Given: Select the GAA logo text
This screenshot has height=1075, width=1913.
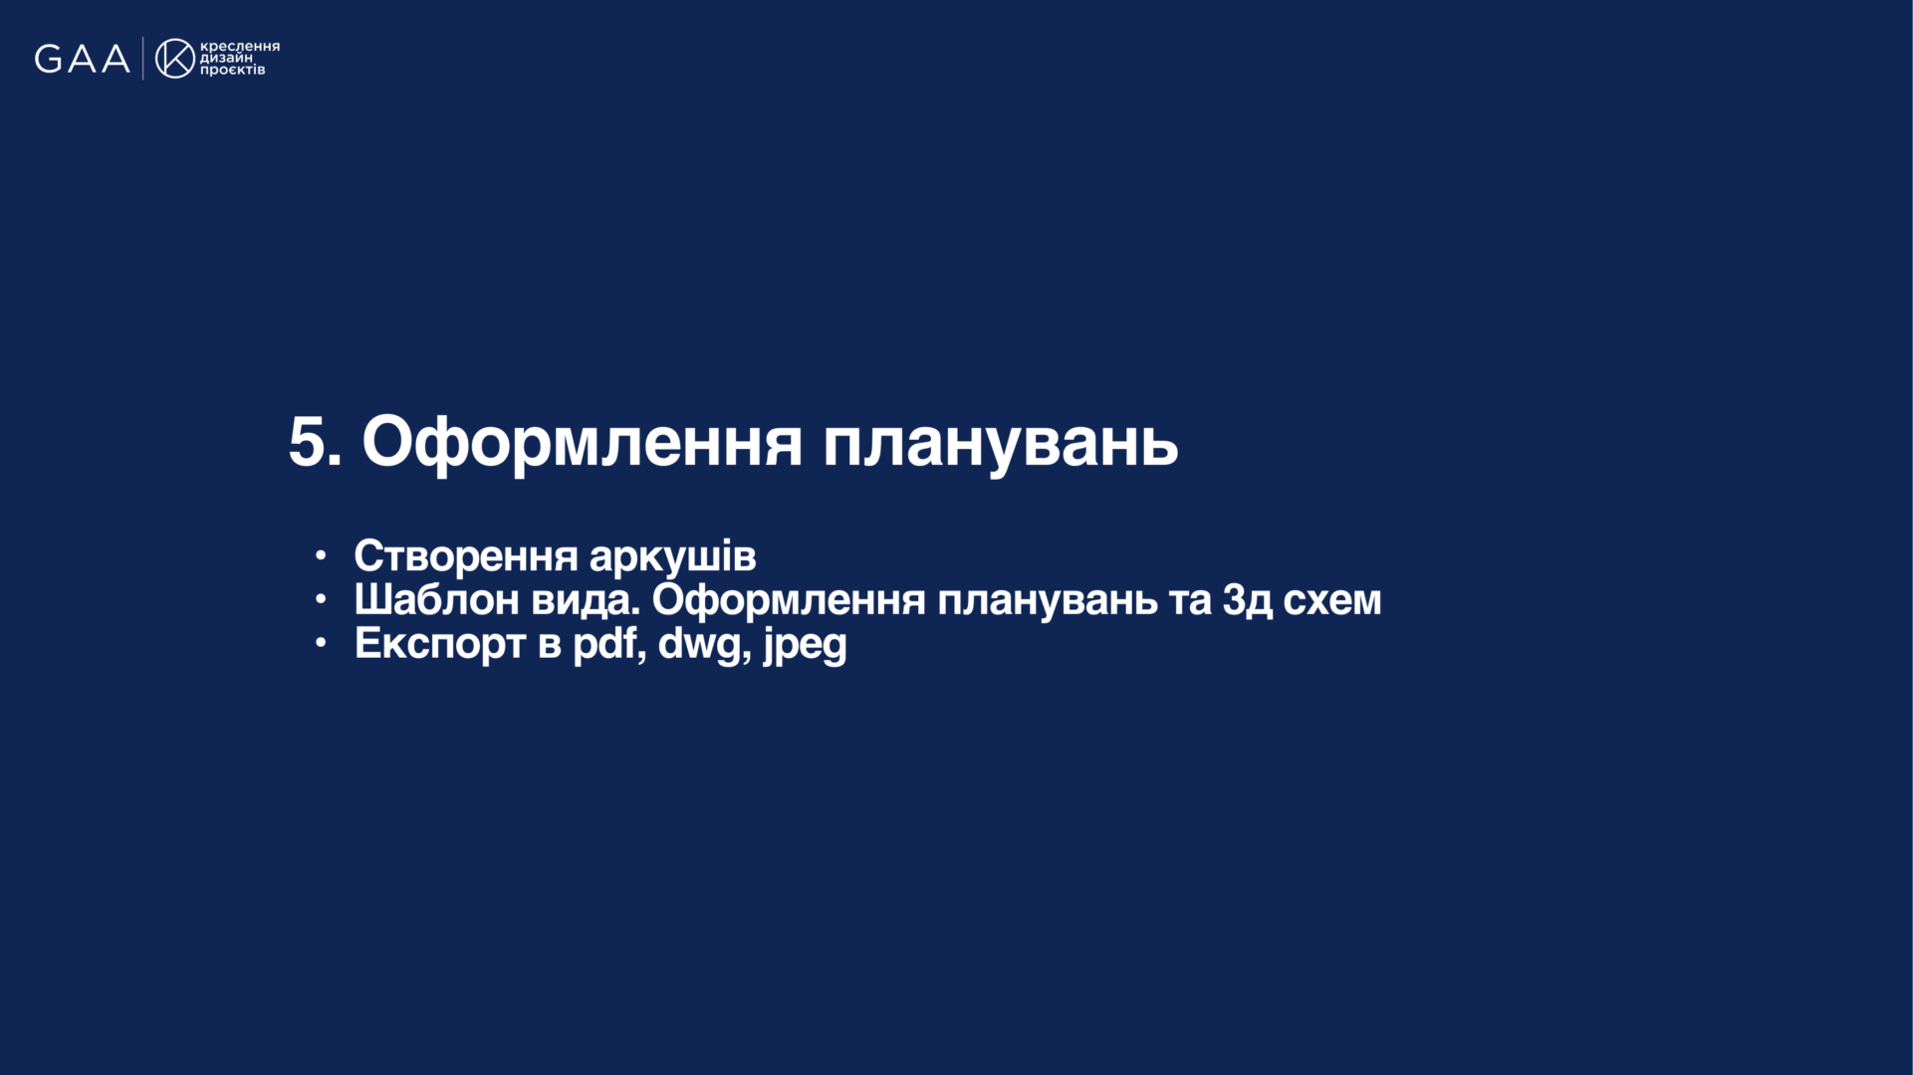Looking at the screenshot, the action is (83, 59).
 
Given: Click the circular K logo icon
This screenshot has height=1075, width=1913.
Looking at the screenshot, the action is (175, 59).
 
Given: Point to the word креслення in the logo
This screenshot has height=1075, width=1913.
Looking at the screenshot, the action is (240, 47).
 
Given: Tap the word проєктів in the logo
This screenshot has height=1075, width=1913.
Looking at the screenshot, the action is (233, 70).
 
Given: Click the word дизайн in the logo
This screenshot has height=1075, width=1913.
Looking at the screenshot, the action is (226, 58).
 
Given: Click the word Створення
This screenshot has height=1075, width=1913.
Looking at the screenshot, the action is (466, 556).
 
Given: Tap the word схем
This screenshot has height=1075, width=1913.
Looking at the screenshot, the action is (1332, 600).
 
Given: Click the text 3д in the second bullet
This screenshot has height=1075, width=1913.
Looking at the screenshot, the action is (1248, 600).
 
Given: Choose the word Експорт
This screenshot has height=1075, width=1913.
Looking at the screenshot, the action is (440, 644).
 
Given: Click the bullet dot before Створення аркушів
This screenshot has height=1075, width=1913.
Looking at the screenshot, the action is (321, 555).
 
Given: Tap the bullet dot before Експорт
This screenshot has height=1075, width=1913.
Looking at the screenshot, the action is (321, 643).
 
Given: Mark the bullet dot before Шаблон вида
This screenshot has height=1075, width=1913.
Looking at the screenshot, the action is (321, 599).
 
